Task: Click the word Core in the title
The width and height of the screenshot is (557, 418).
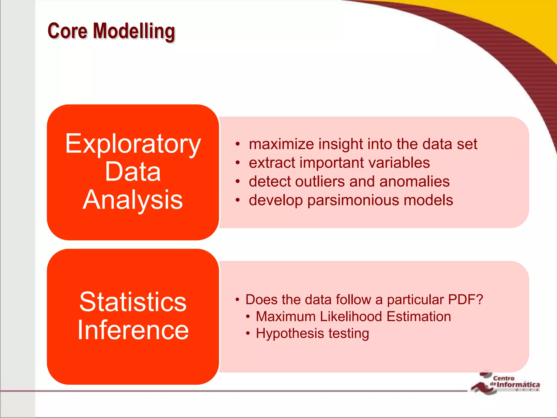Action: (x=67, y=31)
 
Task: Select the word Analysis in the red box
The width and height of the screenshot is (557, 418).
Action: (x=133, y=200)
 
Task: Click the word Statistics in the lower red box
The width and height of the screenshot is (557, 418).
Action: (x=133, y=302)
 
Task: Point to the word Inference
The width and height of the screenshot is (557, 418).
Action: (x=133, y=330)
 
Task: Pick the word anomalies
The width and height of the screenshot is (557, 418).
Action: (x=414, y=182)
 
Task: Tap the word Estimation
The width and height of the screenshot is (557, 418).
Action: (x=419, y=316)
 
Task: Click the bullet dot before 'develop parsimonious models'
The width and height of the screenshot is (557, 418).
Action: (x=238, y=200)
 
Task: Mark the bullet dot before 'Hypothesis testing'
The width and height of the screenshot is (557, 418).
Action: (x=247, y=333)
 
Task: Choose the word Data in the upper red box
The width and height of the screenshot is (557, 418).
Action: (x=133, y=172)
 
